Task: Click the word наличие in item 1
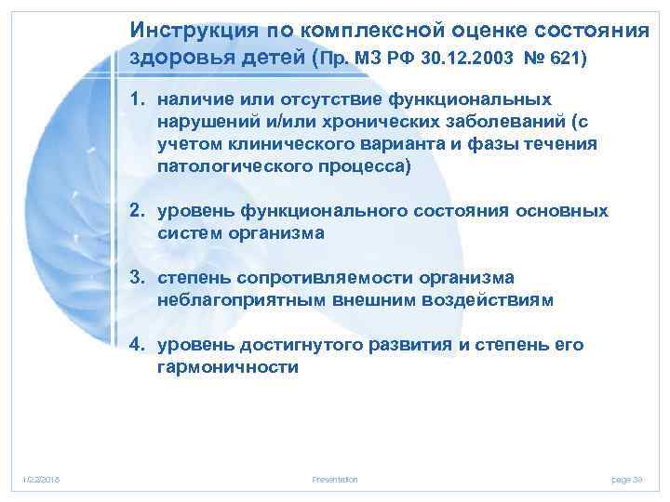pos(192,99)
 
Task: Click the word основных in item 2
pos(567,211)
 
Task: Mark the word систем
pos(190,233)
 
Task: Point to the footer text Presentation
pos(335,479)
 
